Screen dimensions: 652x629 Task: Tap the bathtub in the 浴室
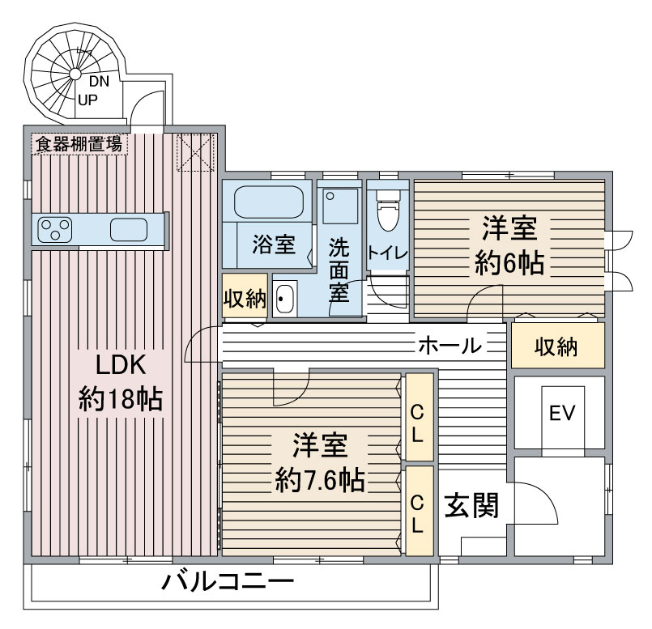(x=269, y=202)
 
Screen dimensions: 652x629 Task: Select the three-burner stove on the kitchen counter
(x=55, y=230)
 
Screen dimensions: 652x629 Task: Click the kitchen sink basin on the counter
(x=129, y=229)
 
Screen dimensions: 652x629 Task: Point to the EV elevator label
(x=562, y=413)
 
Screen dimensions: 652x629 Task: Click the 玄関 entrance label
(x=471, y=505)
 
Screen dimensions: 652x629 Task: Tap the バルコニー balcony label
(x=228, y=581)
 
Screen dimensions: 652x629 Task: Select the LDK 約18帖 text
(x=121, y=381)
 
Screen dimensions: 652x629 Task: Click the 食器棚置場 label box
(x=79, y=144)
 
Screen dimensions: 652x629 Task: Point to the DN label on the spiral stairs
(x=99, y=82)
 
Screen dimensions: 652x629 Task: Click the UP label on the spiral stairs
(x=87, y=100)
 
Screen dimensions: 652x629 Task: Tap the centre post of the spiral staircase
(x=75, y=74)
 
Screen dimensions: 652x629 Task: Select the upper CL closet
(x=420, y=417)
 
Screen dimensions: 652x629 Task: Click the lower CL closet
(x=420, y=511)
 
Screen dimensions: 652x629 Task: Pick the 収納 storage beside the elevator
(x=557, y=346)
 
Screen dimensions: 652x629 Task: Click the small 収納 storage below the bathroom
(x=245, y=296)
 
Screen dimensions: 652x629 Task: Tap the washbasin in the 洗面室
(x=285, y=299)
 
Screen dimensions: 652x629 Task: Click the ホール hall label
(x=450, y=345)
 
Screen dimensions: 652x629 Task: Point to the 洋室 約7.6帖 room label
(x=320, y=462)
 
